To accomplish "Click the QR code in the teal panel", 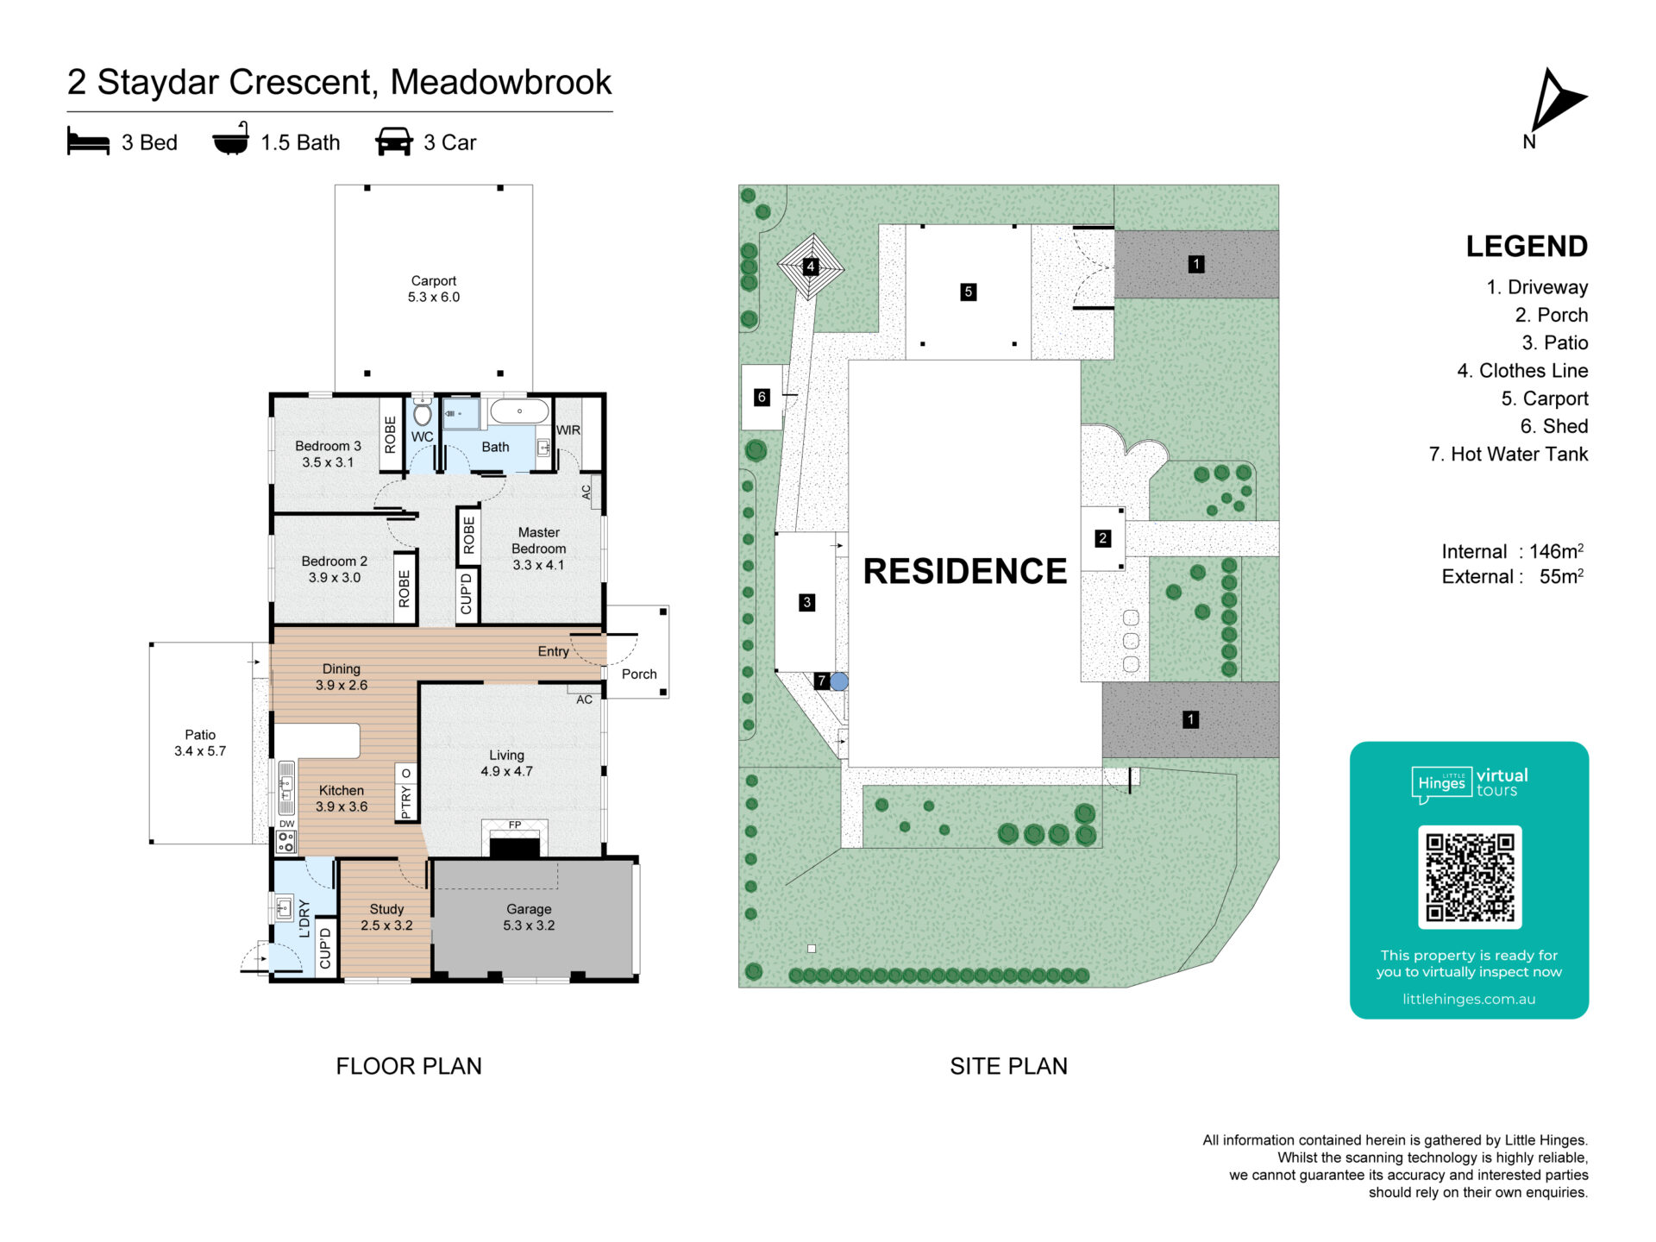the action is [1470, 876].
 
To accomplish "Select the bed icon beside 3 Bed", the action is [88, 141].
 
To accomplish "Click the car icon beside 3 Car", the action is [394, 141].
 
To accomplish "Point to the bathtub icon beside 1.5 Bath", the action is [231, 139].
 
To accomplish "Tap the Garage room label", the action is [529, 917].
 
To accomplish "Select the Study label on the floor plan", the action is [386, 917].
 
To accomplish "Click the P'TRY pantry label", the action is [406, 802].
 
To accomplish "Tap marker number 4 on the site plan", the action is [810, 267].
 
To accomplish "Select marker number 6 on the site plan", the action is [762, 398].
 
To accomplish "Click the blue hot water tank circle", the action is [839, 681].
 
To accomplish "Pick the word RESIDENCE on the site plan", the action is [965, 571].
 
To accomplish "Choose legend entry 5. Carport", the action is [1544, 398].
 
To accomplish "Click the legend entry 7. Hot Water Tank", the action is [1509, 454].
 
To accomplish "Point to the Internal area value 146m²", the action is [1557, 550].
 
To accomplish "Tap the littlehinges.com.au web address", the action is [1469, 999].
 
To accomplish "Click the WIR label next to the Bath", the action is [568, 430].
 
